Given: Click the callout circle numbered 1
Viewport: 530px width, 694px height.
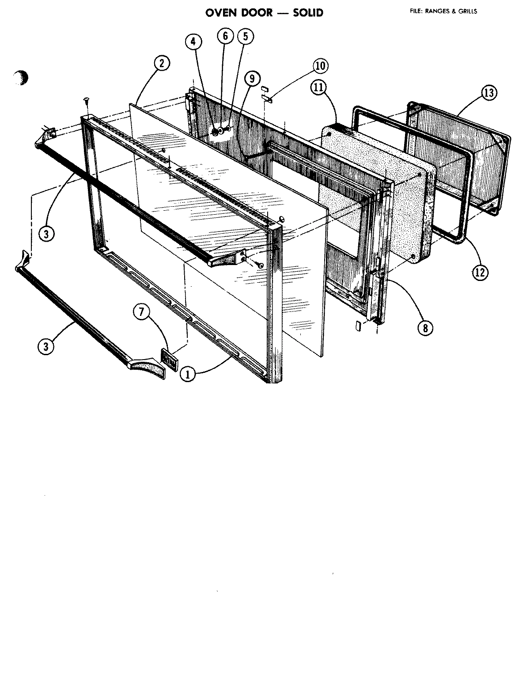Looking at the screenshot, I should (x=188, y=374).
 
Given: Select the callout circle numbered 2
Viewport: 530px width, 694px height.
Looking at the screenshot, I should (x=162, y=64).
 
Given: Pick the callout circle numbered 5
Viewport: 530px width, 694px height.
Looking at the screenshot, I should (x=246, y=36).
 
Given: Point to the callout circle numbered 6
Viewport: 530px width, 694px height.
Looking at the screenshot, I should (x=225, y=36).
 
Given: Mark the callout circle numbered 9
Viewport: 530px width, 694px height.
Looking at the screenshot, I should (x=252, y=79).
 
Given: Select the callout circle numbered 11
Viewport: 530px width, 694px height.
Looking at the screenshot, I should (x=318, y=87).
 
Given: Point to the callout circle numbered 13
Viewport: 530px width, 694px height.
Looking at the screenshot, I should (x=489, y=93).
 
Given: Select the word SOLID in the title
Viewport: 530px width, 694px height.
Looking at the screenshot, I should (x=308, y=13).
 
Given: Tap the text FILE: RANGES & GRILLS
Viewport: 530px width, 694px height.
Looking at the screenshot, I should (x=443, y=11).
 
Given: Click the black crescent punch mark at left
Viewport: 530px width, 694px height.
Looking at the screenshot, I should (x=20, y=78).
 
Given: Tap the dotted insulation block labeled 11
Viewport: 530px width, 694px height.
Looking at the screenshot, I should (x=375, y=194).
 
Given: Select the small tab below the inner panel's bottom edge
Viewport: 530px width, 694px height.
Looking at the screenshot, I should (x=358, y=326).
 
